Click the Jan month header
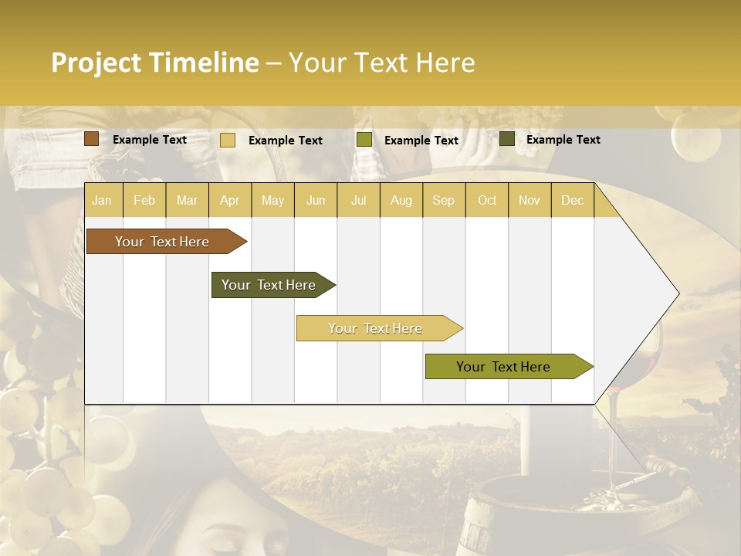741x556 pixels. (x=102, y=200)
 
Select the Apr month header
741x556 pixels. (x=229, y=200)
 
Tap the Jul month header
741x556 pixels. (x=358, y=200)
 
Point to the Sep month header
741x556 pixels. (x=443, y=200)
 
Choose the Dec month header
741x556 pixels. (x=572, y=200)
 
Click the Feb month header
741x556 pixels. (x=144, y=200)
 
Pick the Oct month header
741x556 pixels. (x=487, y=200)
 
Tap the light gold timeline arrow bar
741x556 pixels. (x=376, y=328)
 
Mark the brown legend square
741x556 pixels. (x=91, y=139)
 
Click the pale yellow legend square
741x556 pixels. (x=227, y=140)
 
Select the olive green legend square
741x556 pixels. (x=364, y=140)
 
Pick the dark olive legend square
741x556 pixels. (x=506, y=139)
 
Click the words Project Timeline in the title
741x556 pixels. (x=154, y=63)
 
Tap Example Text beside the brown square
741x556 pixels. (x=150, y=140)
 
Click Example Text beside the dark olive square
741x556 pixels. (x=563, y=140)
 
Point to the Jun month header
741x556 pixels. (x=316, y=200)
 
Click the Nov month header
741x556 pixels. (x=529, y=200)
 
